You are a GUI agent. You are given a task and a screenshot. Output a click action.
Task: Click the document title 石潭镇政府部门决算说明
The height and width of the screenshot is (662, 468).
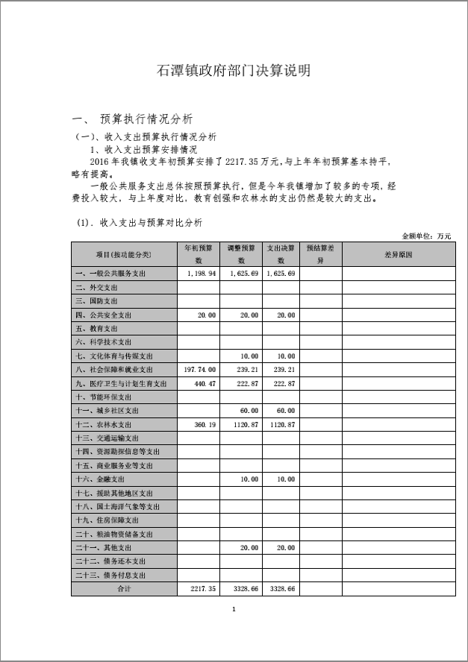(234, 71)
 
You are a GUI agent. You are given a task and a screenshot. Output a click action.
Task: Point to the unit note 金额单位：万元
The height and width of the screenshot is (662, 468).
(426, 236)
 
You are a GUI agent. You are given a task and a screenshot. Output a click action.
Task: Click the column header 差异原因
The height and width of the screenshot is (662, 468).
(398, 254)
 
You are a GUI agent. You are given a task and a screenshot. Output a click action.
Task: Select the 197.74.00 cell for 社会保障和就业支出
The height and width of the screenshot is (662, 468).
(199, 370)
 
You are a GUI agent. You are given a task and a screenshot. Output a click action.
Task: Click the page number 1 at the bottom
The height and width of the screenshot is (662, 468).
(234, 610)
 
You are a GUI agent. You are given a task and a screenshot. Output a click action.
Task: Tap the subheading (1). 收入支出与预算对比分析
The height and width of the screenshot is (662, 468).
(140, 223)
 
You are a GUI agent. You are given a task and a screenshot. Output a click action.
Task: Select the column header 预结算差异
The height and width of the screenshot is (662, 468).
(321, 254)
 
